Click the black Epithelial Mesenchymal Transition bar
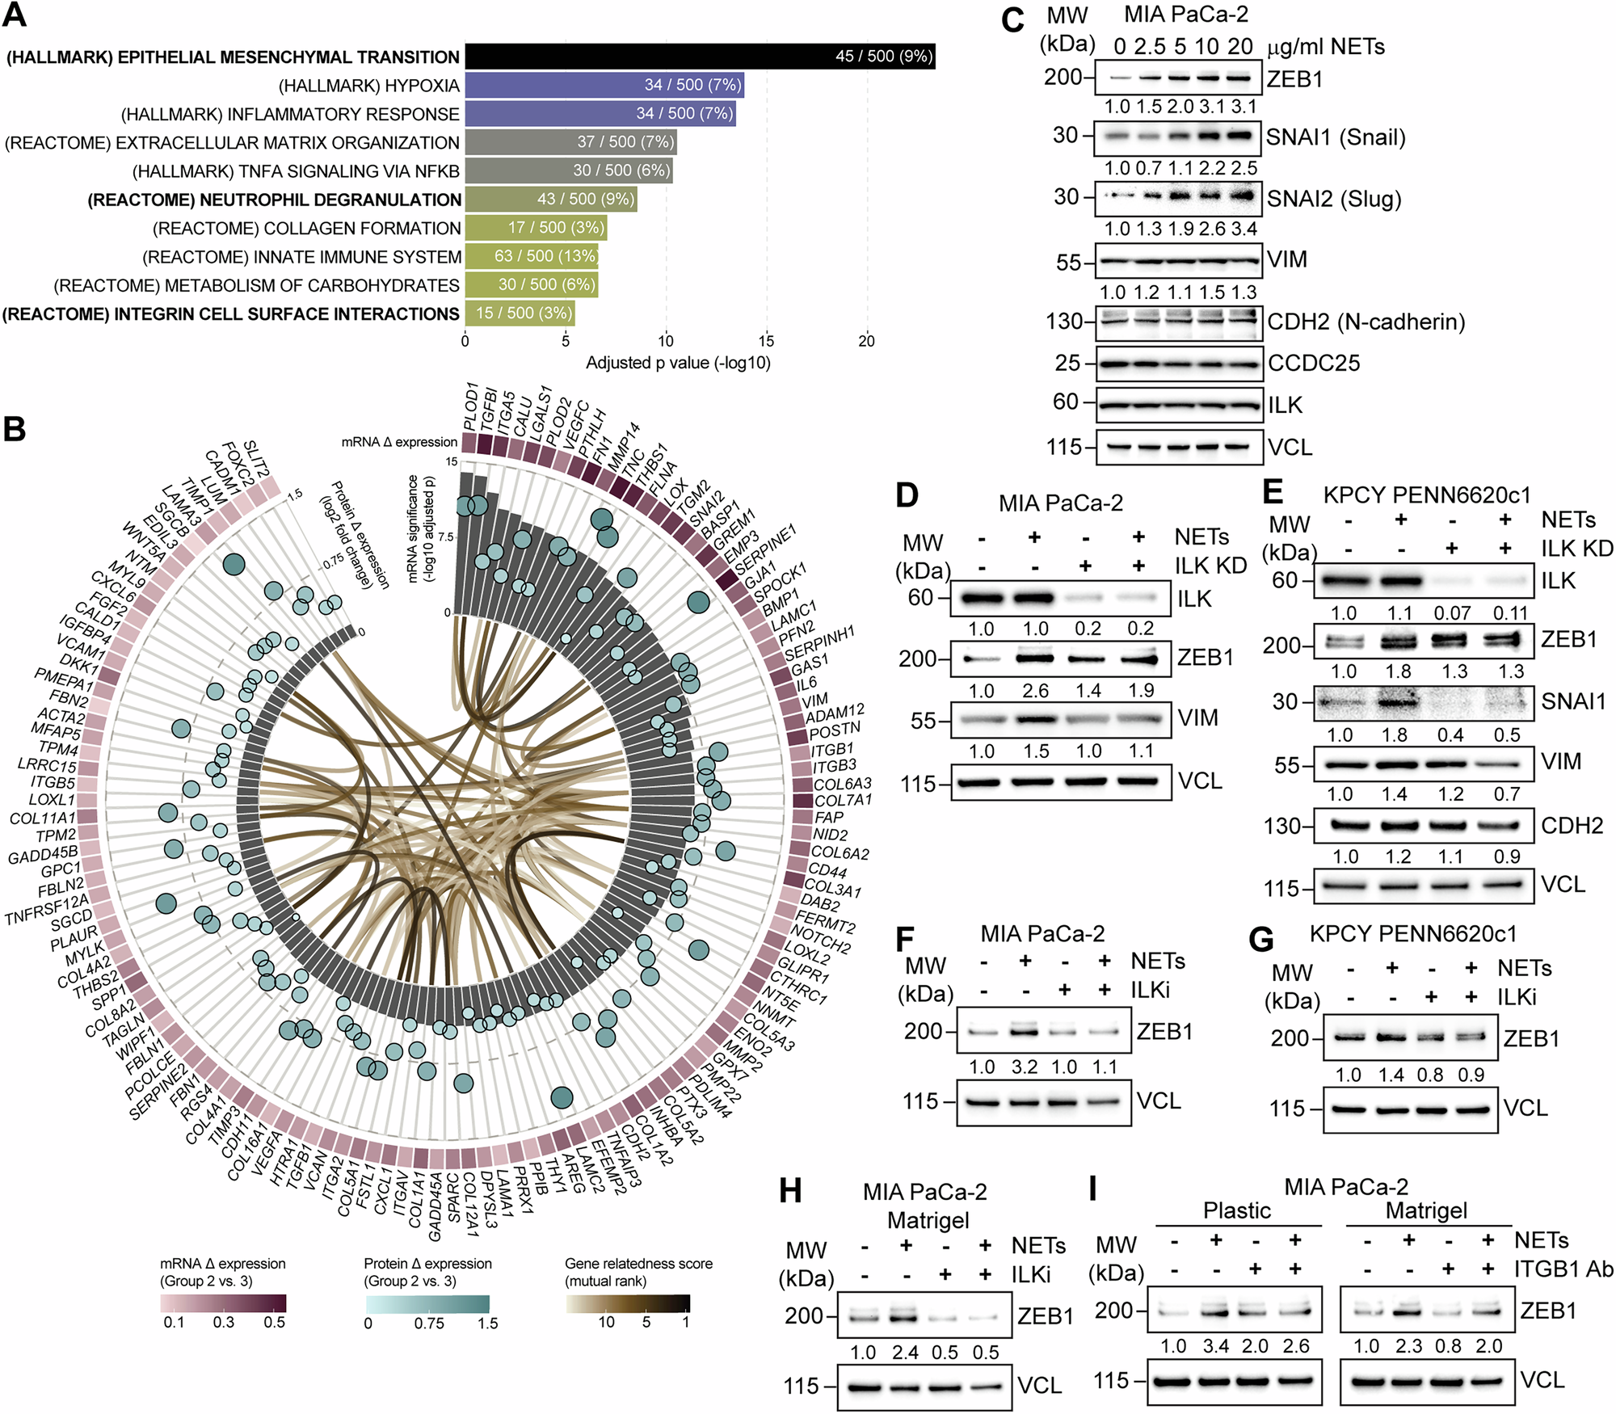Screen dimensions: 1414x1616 699,56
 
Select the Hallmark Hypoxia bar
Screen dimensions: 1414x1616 604,85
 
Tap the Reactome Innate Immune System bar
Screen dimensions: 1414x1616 531,256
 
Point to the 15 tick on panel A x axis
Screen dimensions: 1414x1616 766,341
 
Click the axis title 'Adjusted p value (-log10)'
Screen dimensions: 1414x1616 678,363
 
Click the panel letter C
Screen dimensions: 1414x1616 1012,20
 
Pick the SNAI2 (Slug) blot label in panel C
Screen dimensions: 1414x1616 1333,199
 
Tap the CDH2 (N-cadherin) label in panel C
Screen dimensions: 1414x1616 1366,322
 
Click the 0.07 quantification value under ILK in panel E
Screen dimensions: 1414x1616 1451,613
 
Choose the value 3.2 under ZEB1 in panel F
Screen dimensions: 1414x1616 1024,1067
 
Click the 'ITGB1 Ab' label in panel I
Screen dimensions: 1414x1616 1563,1269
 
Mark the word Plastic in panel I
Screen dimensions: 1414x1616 1236,1210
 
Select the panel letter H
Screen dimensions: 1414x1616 790,1191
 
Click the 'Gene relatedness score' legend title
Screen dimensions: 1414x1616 638,1263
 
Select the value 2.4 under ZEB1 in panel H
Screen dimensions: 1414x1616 905,1353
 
